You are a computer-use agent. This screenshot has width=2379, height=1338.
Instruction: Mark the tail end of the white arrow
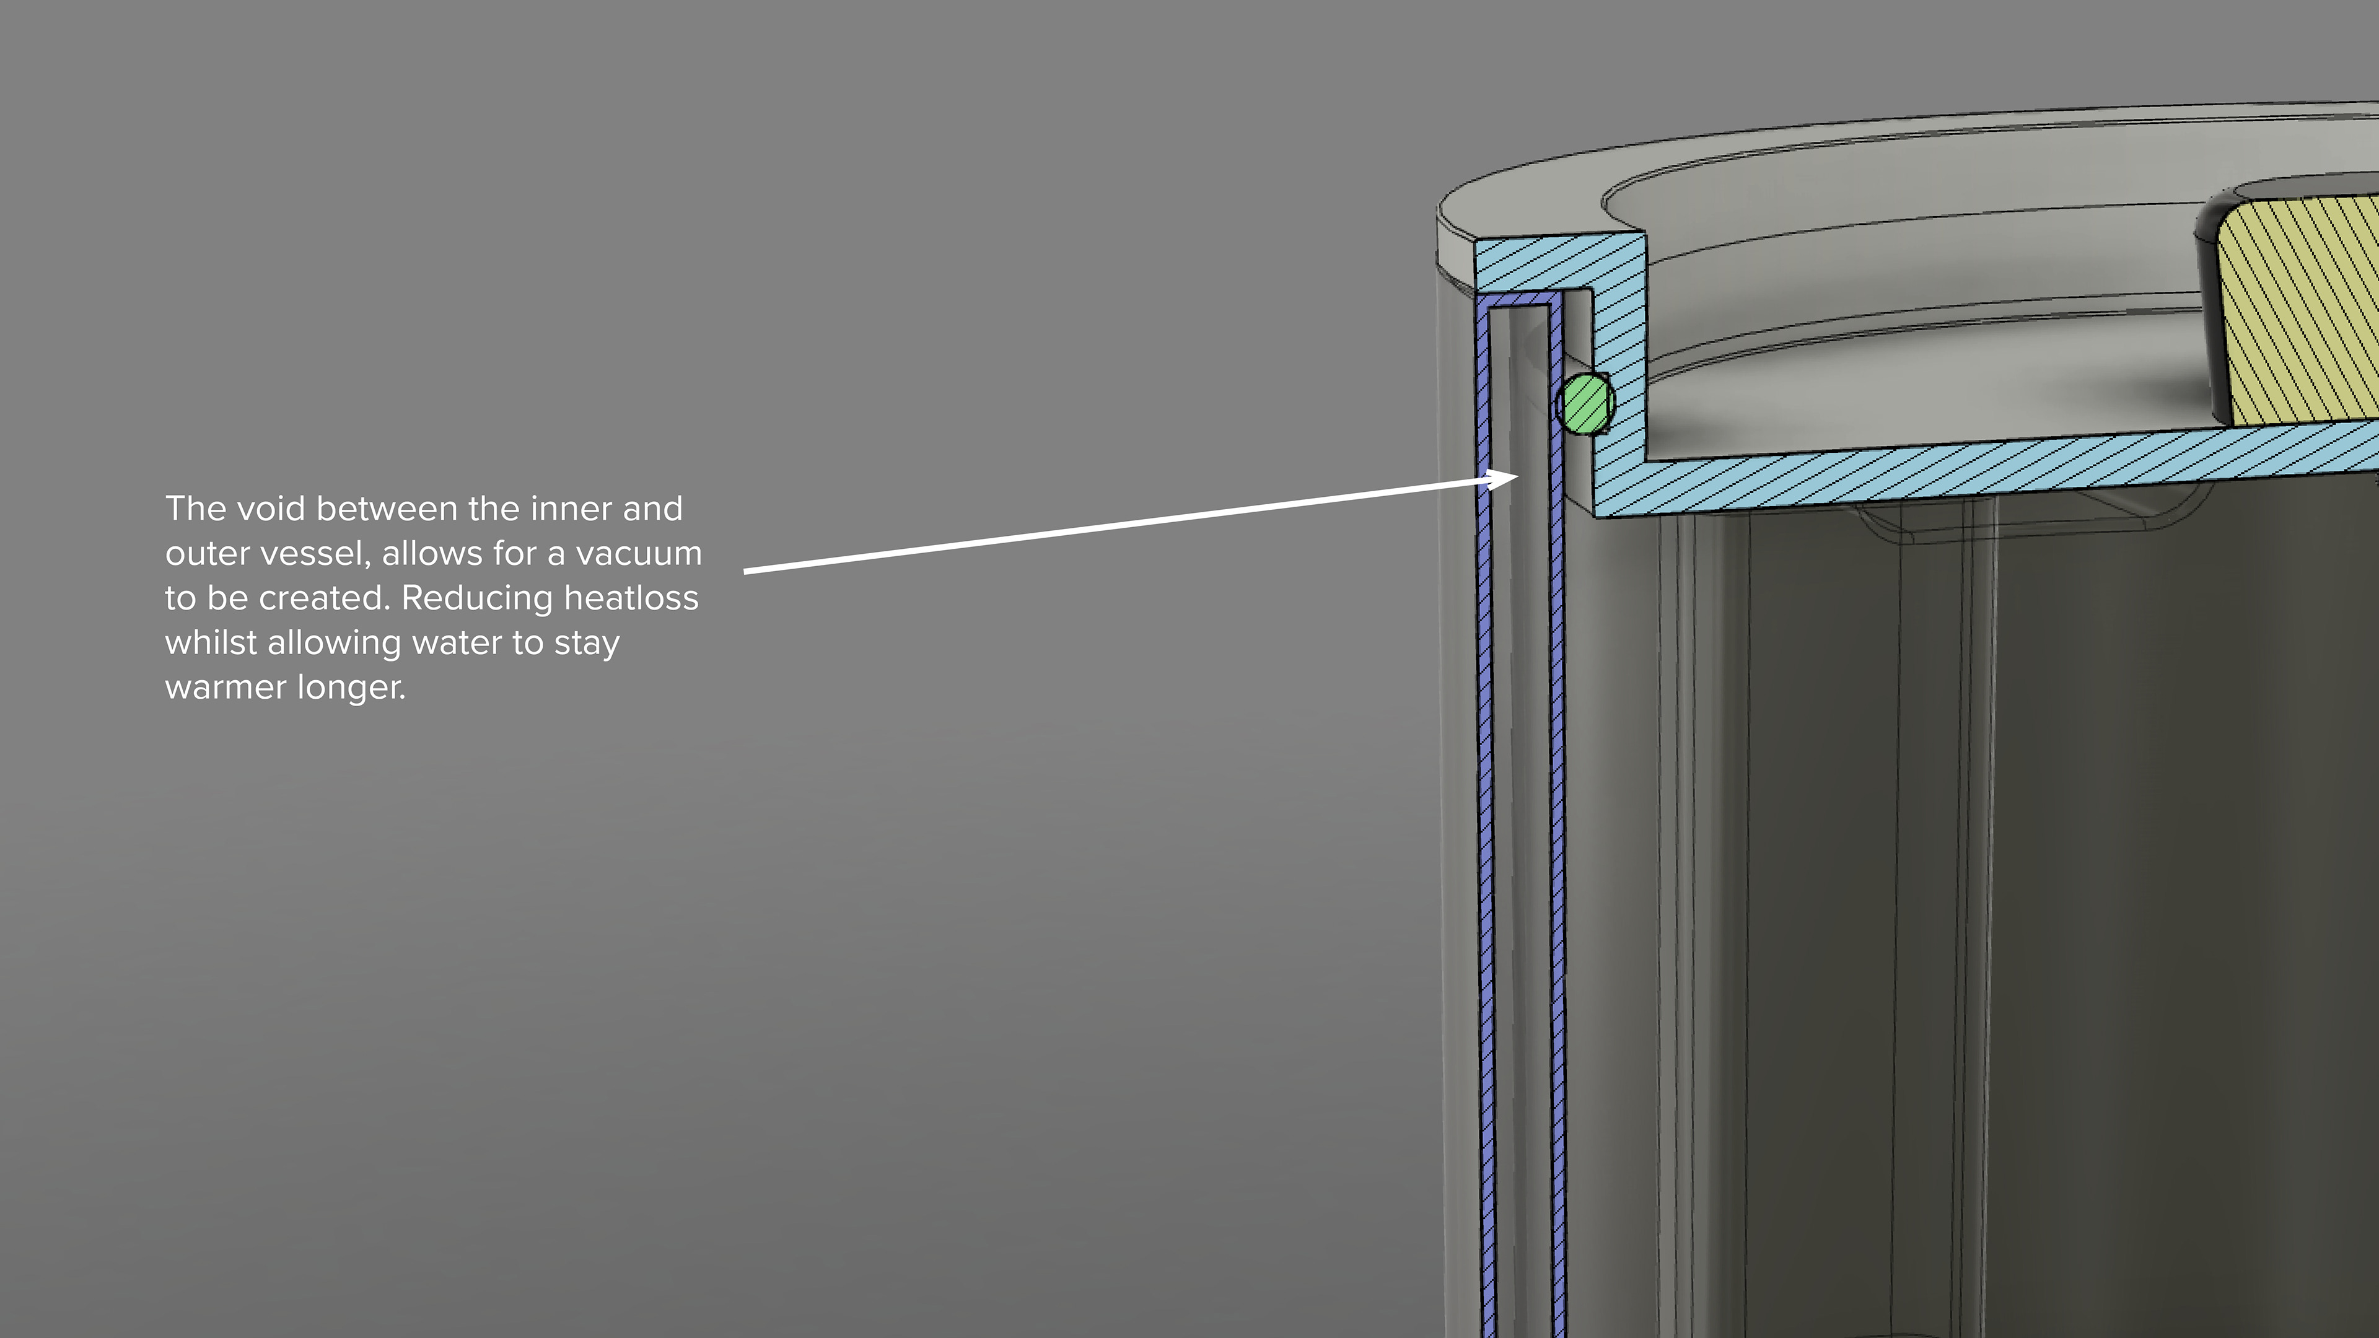pos(744,572)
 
